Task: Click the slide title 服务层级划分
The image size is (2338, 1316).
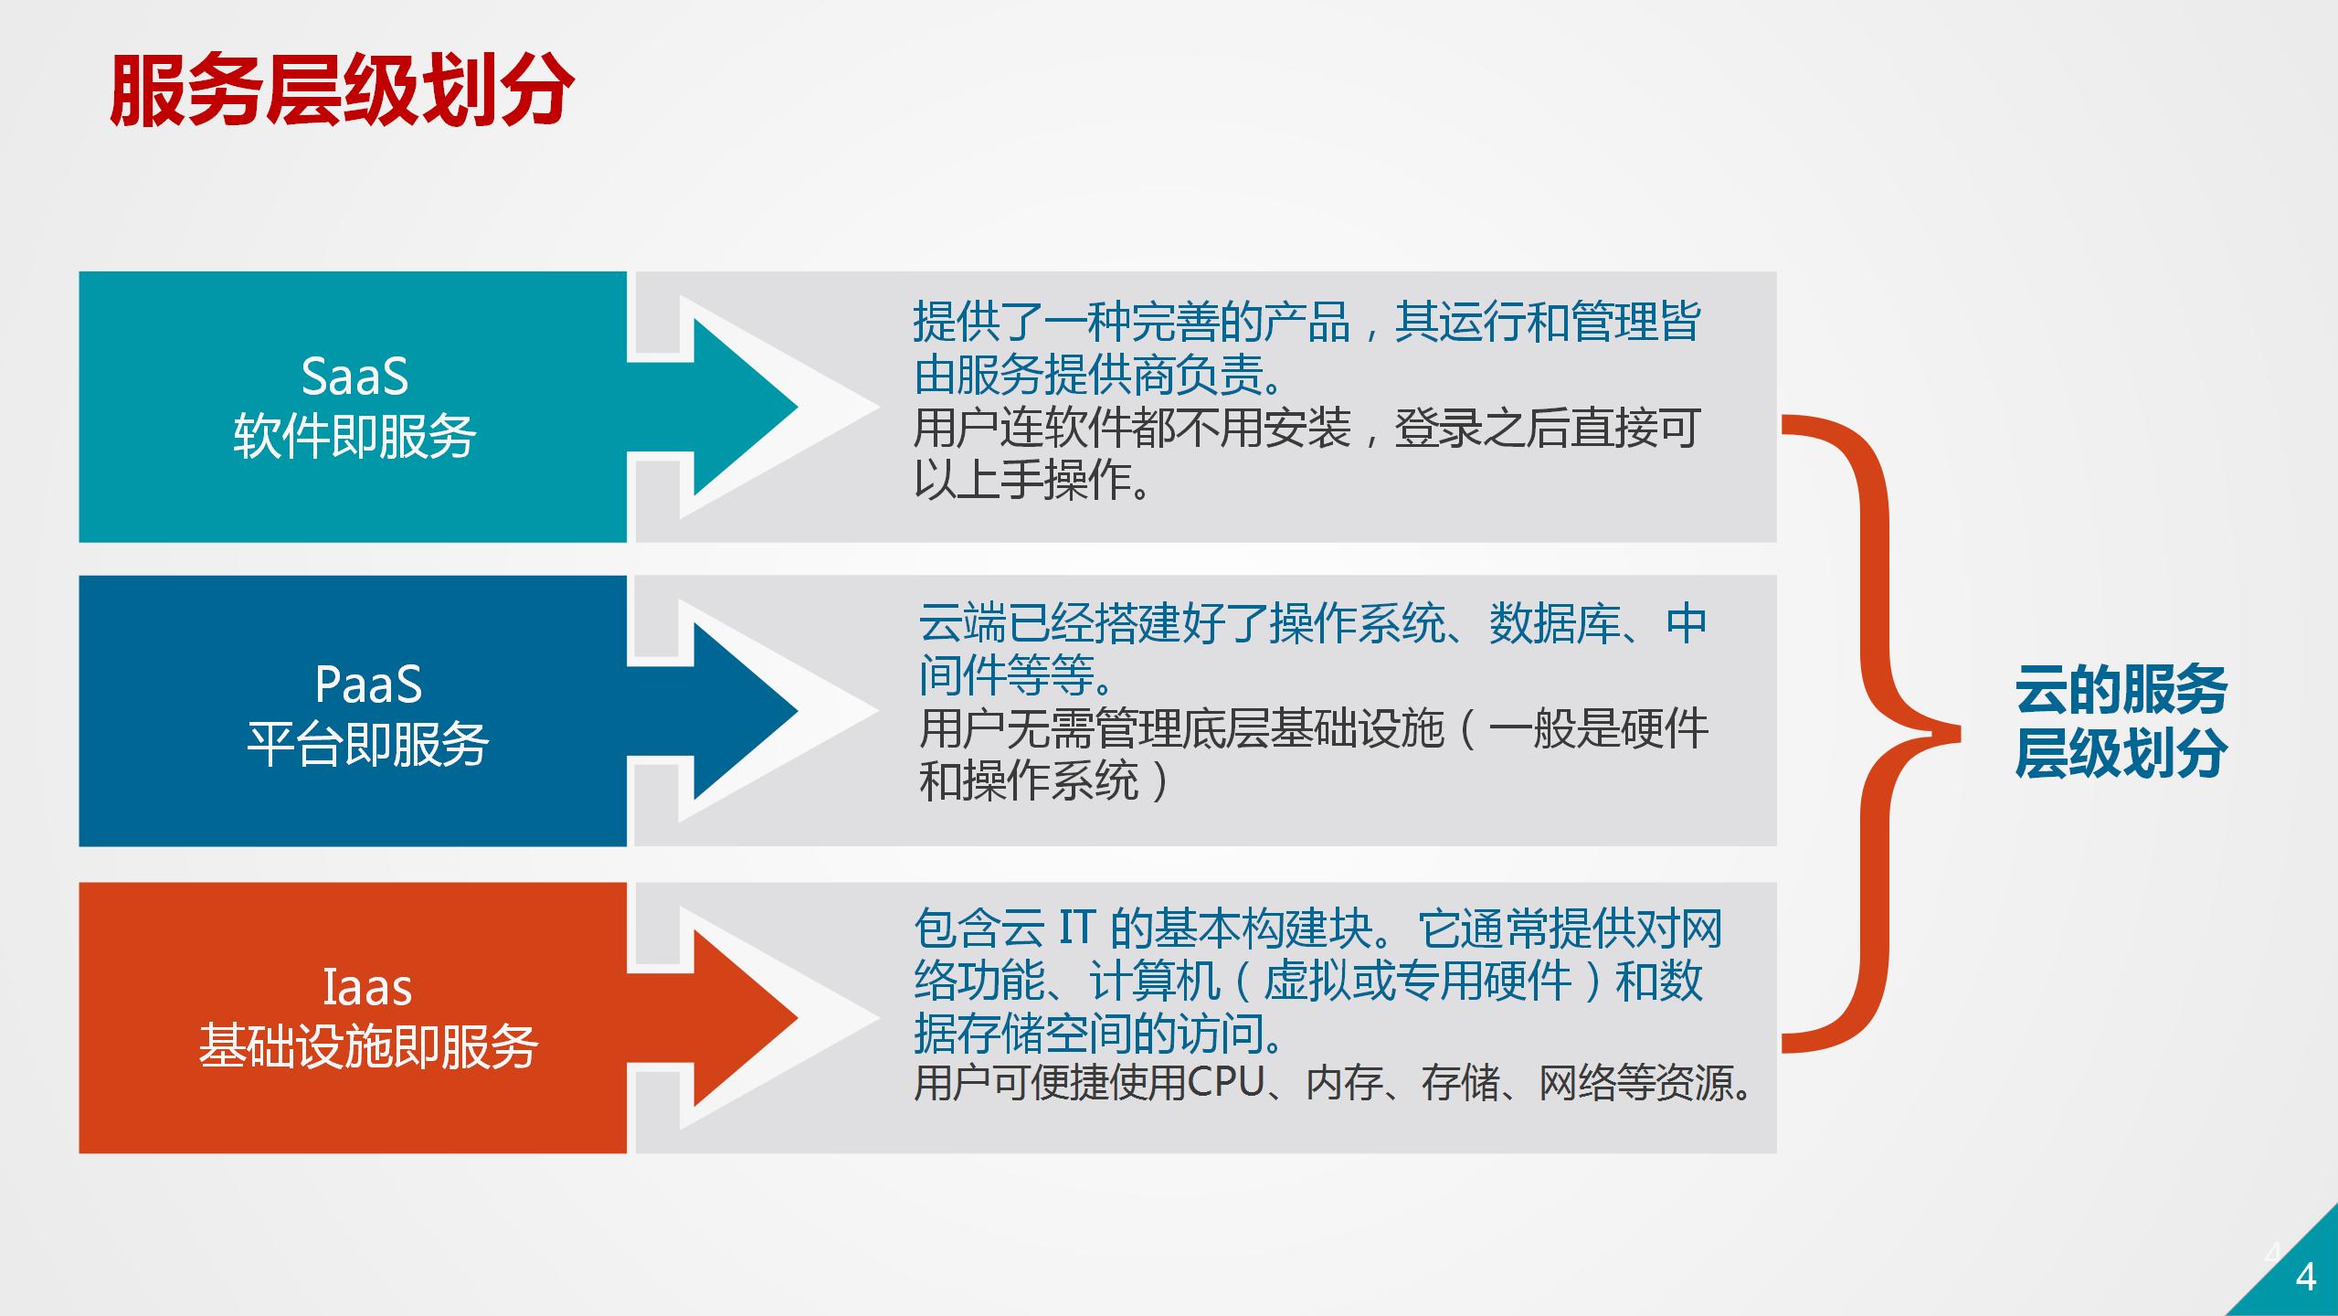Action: pos(342,90)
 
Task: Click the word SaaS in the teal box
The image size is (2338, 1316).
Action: pos(354,377)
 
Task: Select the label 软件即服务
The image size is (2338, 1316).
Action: pos(354,435)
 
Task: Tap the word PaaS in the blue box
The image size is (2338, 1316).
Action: pos(368,685)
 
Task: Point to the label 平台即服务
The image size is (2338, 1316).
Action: pos(368,743)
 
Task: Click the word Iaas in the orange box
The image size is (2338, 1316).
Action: pos(367,988)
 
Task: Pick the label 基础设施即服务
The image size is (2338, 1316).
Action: pos(368,1046)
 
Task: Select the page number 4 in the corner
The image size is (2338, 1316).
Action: pos(2306,1277)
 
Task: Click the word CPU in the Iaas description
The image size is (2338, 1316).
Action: pos(1225,1082)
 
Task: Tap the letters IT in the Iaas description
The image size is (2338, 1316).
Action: pos(1076,929)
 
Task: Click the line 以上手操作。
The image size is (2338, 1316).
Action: pos(1033,480)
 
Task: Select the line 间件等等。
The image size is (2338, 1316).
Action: pos(1018,675)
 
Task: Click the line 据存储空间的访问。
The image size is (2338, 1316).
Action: pos(1101,1033)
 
